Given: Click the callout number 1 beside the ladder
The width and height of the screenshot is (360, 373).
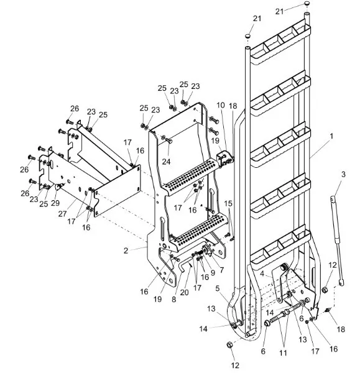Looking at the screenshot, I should click(x=331, y=135).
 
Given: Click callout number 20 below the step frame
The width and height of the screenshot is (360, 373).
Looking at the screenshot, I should click(x=183, y=293).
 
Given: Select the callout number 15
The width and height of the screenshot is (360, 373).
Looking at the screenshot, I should click(x=228, y=203).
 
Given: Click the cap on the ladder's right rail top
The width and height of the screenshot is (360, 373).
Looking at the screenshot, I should click(x=307, y=4).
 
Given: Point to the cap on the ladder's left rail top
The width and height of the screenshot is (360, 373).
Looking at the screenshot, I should click(x=248, y=37).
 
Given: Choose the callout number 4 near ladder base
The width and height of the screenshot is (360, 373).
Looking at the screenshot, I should click(x=263, y=273).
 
